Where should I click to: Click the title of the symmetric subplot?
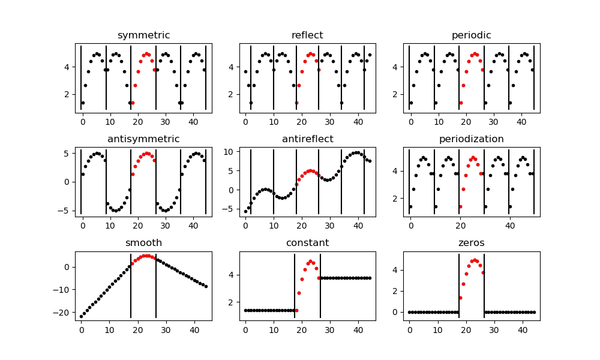click(143, 35)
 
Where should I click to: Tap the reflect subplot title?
click(307, 35)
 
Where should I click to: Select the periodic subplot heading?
click(471, 35)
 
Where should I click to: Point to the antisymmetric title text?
click(143, 139)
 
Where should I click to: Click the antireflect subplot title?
click(307, 139)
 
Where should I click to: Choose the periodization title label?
click(471, 139)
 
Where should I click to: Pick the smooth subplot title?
click(143, 243)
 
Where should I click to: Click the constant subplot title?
click(307, 243)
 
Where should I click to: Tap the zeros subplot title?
click(471, 243)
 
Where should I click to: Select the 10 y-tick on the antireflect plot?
click(230, 152)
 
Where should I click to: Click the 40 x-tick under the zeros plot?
click(522, 329)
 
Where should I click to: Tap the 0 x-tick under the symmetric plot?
click(82, 122)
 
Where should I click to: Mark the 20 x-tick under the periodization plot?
click(460, 226)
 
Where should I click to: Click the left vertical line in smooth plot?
click(131, 285)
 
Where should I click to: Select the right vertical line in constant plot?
click(320, 285)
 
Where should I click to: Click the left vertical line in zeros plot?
click(459, 285)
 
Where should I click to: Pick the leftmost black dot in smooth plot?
click(81, 316)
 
